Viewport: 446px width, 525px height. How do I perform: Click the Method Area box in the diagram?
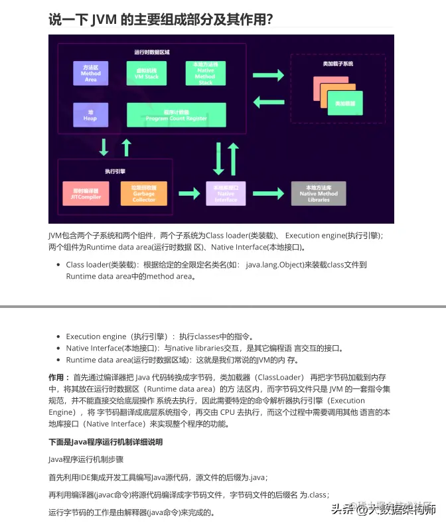(x=90, y=73)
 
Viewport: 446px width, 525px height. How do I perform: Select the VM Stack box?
(x=147, y=73)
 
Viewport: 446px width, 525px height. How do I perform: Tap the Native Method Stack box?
(x=205, y=73)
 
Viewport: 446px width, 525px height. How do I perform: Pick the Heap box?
(x=90, y=115)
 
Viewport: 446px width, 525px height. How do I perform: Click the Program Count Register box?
(x=176, y=115)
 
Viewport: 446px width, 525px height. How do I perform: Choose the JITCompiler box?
(x=86, y=192)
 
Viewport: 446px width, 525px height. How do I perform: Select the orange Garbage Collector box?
(x=144, y=192)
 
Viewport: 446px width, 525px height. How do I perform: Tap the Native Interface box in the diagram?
(x=226, y=192)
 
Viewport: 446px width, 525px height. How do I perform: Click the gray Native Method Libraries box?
(x=319, y=192)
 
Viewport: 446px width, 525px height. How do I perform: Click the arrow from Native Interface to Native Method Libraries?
(x=269, y=193)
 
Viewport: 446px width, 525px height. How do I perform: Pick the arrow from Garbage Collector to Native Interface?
(x=186, y=193)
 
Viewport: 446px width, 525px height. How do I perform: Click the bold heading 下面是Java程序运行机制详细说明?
(x=106, y=442)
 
